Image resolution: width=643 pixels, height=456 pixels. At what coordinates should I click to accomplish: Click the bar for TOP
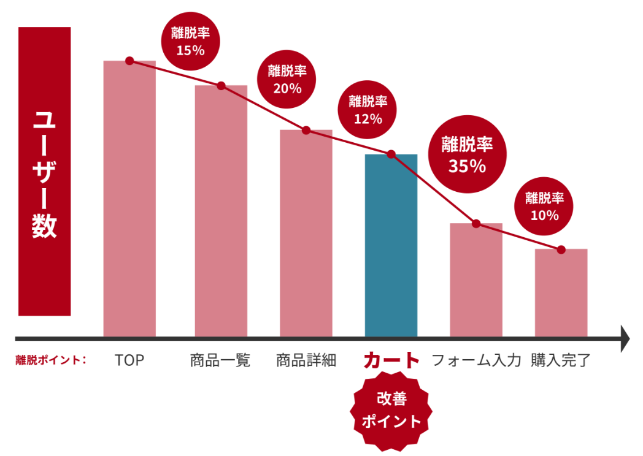pos(129,202)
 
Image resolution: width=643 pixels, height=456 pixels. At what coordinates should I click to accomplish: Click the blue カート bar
pos(391,245)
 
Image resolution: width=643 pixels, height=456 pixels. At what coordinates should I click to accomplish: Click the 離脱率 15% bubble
pos(190,42)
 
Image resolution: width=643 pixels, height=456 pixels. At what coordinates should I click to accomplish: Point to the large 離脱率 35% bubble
pos(468,154)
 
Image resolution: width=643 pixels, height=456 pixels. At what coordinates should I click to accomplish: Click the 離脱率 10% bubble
pos(544,207)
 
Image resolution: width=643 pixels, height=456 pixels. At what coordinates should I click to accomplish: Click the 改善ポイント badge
pos(391,411)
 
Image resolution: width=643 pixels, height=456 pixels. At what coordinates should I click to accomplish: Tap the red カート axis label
pos(391,360)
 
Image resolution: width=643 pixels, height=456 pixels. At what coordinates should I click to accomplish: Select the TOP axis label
pos(129,360)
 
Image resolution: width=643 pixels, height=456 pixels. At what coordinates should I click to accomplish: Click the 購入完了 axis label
pos(561,360)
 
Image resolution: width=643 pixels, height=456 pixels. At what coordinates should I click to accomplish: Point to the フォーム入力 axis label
pos(476,360)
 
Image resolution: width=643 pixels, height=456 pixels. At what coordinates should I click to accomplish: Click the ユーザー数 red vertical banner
pos(44,172)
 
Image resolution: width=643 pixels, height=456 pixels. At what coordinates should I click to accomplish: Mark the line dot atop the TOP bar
pos(129,60)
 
